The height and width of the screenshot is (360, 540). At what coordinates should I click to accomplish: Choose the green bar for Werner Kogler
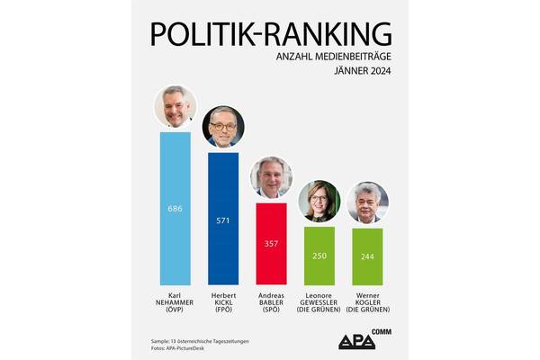[x=367, y=256]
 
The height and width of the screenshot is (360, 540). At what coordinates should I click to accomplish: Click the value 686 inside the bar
[x=175, y=208]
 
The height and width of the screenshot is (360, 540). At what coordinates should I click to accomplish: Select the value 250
[x=319, y=256]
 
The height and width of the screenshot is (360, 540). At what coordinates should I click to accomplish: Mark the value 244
[x=367, y=256]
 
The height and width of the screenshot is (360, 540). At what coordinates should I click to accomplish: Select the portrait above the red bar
[x=271, y=177]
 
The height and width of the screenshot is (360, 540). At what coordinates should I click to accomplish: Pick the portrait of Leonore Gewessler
[x=319, y=201]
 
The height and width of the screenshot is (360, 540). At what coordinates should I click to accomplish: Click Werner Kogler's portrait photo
[x=367, y=202]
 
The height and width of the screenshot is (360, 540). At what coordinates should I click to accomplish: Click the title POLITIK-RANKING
[x=271, y=33]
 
